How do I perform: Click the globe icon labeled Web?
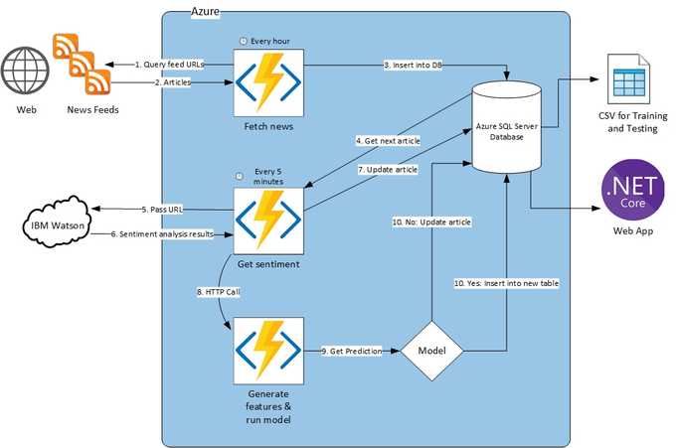26,70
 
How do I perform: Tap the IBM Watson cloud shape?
52,224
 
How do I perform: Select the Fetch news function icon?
267,81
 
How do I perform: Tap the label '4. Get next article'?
388,141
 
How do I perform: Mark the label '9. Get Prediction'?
351,352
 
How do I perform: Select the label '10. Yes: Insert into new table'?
507,283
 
